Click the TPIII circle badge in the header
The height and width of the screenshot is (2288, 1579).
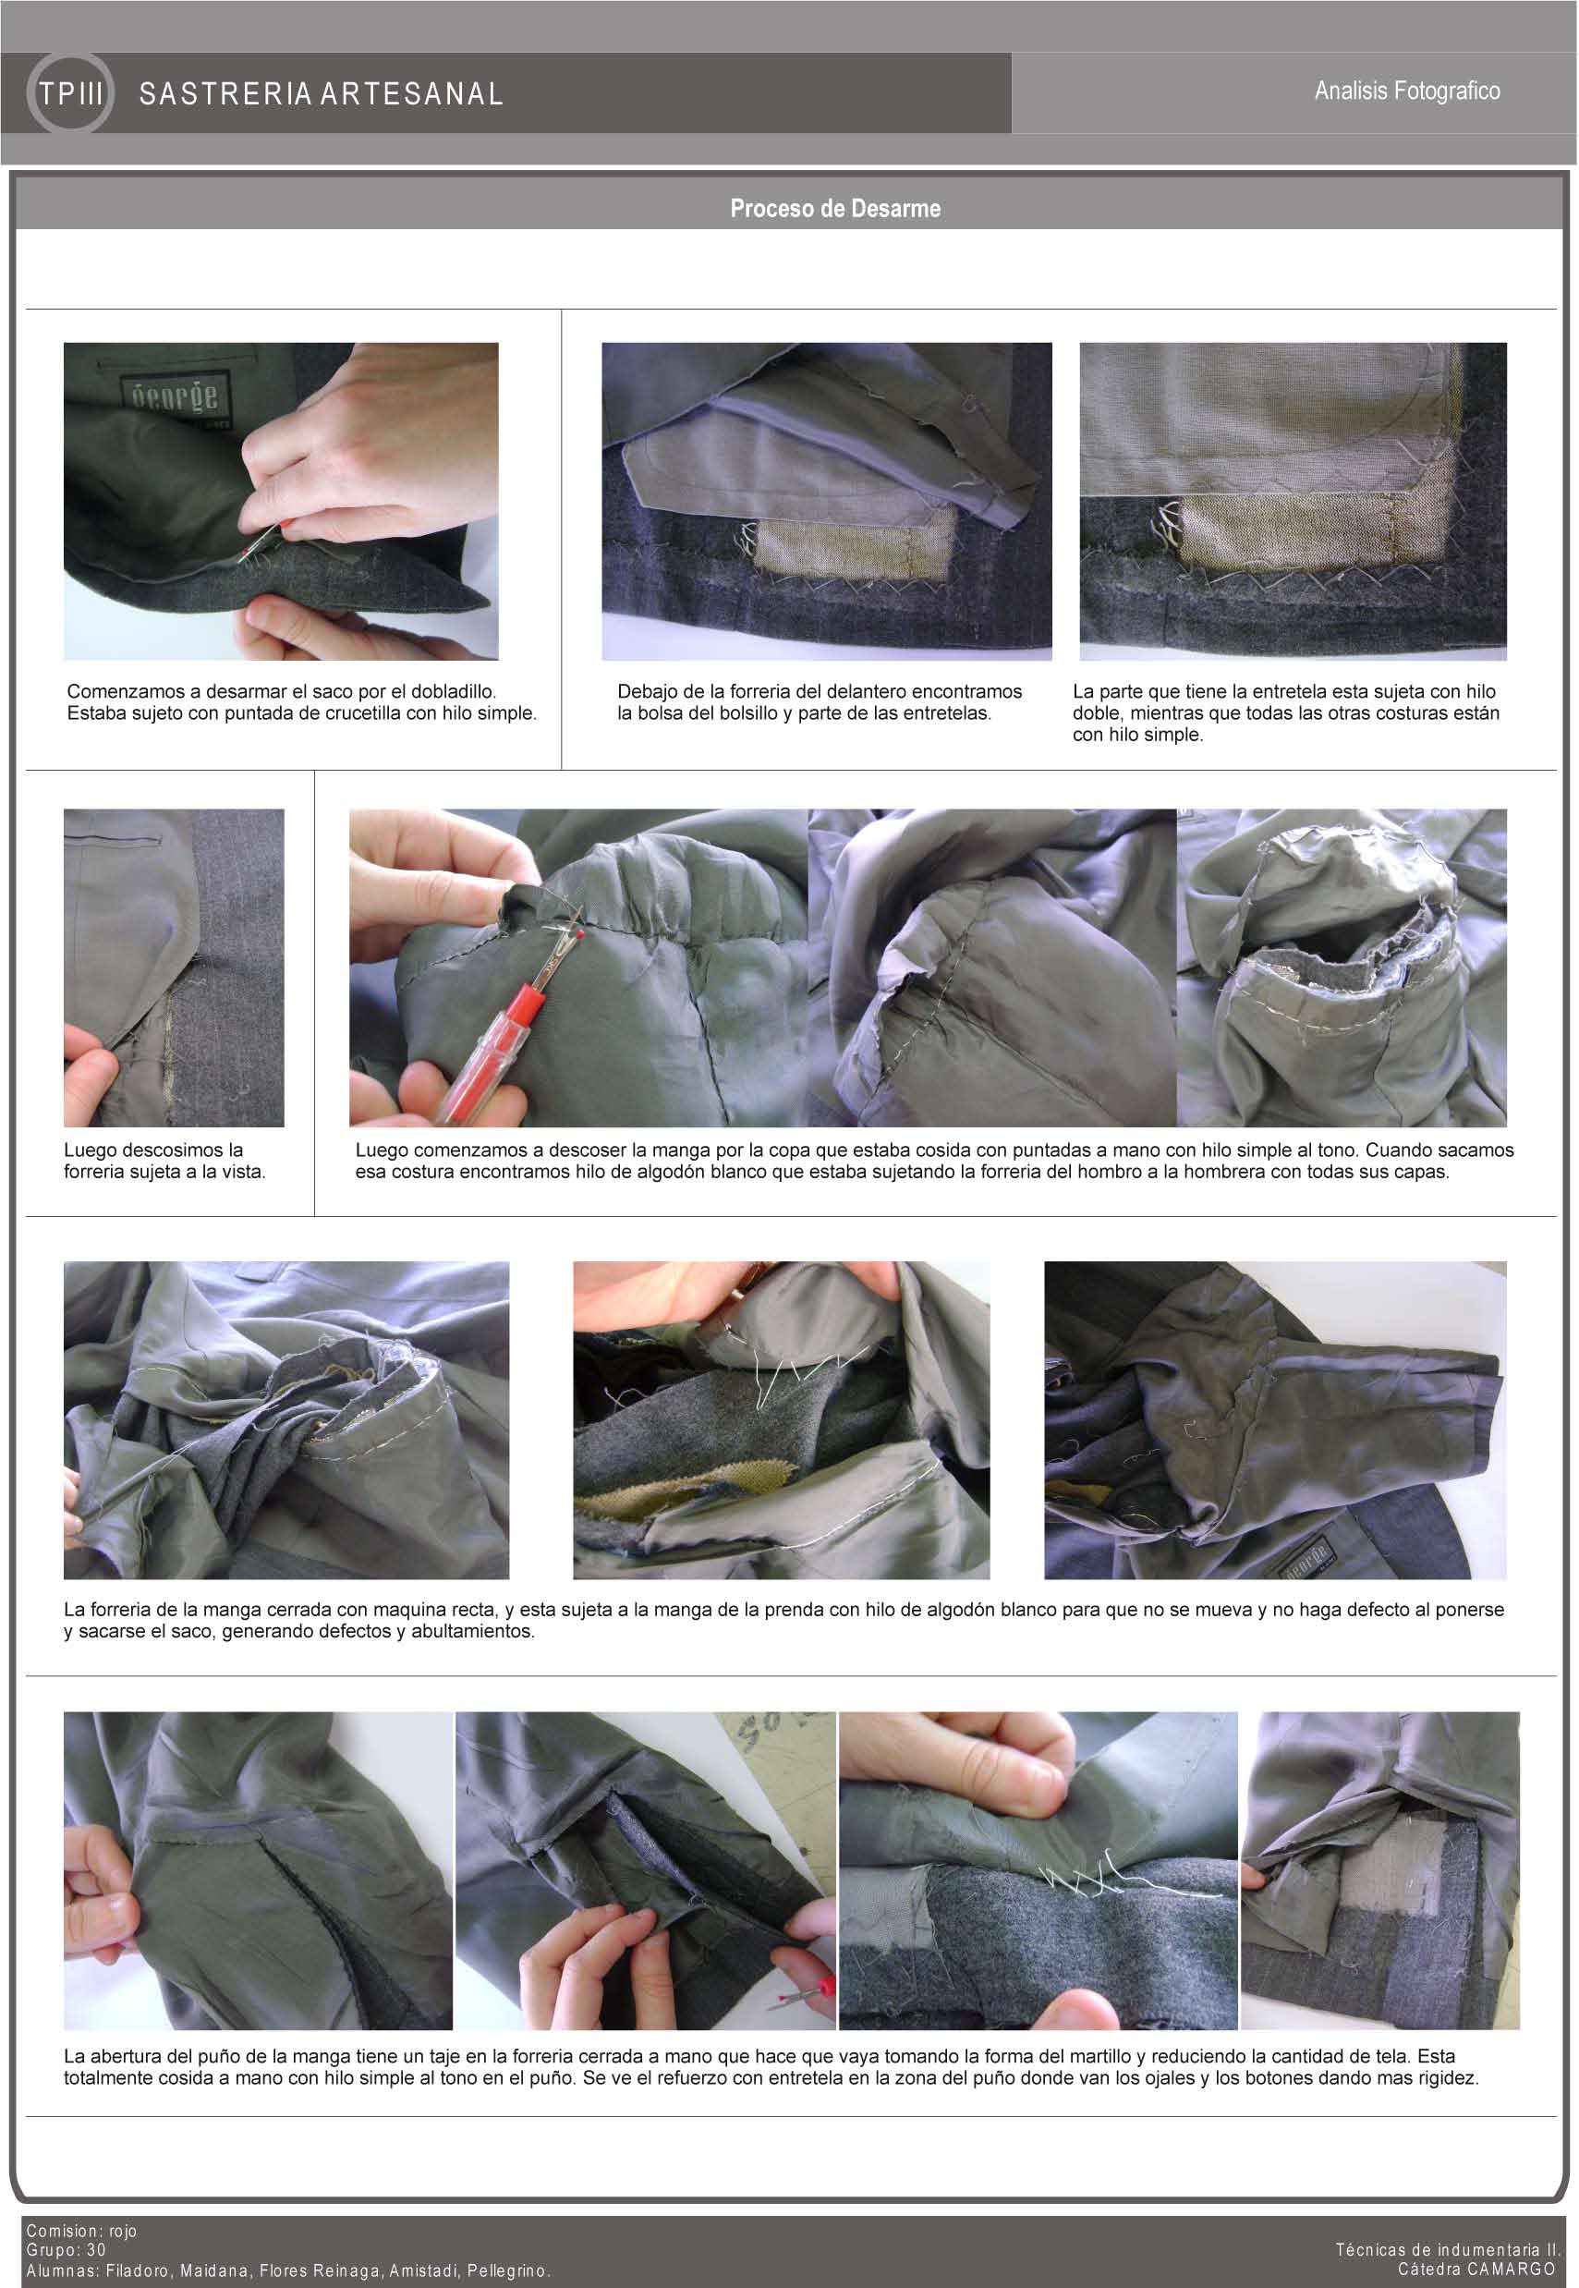[x=70, y=94]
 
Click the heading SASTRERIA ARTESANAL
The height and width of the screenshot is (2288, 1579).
[x=322, y=94]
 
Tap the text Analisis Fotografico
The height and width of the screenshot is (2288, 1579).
[x=1407, y=91]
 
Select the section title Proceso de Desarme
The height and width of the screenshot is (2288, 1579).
[x=835, y=209]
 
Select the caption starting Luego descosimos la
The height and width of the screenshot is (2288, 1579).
[x=165, y=1162]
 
